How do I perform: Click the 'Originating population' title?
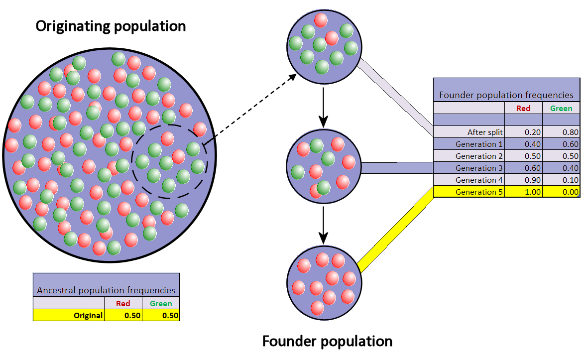111,26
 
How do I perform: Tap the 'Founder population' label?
327,341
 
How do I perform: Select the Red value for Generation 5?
523,192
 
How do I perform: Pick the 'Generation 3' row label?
475,168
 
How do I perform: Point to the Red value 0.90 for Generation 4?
523,180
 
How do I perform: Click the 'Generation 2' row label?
475,156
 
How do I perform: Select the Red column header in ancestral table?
123,303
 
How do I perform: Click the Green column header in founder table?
561,108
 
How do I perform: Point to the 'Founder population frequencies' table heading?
506,95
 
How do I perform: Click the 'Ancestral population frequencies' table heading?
107,290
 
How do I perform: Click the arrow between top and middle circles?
324,107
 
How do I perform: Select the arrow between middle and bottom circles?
324,222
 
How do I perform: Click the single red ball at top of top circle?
321,20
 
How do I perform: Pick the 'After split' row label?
485,132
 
